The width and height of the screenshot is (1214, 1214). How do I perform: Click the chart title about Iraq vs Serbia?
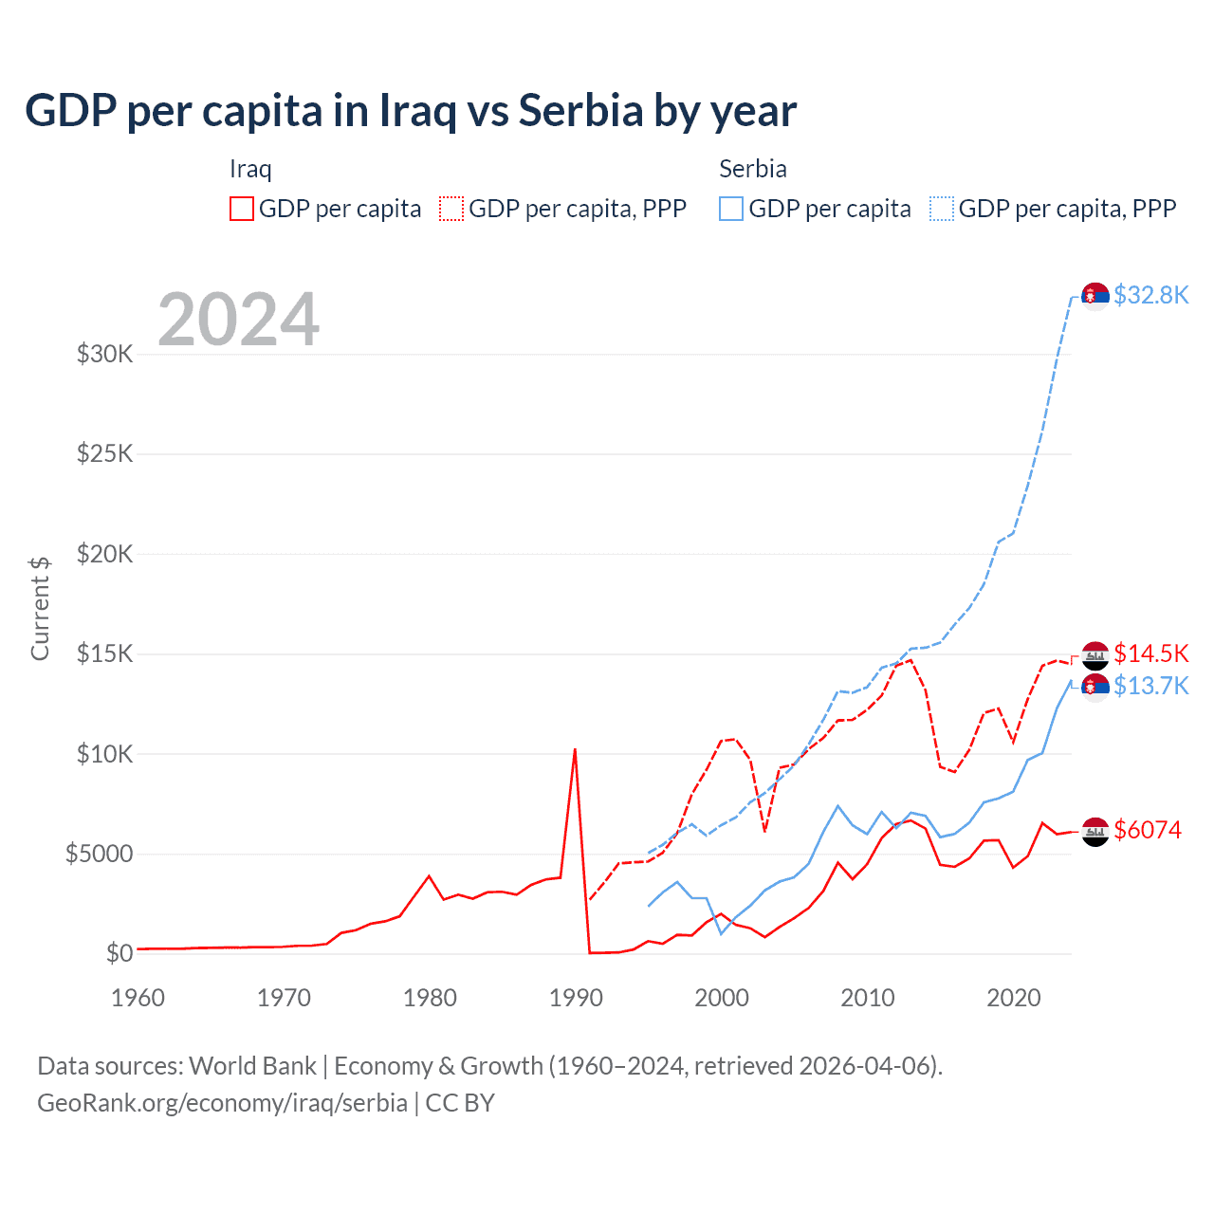click(411, 111)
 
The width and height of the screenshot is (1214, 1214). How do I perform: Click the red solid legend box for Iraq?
click(242, 209)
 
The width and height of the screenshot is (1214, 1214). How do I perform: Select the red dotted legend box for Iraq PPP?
click(451, 209)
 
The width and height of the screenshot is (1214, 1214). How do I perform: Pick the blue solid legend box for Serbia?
click(731, 209)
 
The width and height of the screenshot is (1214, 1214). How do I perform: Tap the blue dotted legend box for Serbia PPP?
click(942, 209)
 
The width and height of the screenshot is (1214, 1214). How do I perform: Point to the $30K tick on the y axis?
click(105, 355)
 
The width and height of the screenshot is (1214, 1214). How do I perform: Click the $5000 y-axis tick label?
click(99, 855)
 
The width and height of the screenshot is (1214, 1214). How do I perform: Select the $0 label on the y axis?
click(119, 953)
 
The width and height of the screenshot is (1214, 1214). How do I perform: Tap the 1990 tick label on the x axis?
click(576, 998)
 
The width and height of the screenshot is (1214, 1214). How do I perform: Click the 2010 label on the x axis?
click(868, 998)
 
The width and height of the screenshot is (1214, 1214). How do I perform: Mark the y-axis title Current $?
click(40, 608)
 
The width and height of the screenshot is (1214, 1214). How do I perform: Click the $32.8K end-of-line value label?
click(1150, 296)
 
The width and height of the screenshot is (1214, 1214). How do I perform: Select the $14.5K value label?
click(1150, 654)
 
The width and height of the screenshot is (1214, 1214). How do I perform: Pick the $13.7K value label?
click(1150, 687)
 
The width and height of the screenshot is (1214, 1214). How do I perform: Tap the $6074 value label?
click(1148, 831)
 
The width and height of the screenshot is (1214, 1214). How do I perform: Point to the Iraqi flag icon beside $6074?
click(1095, 832)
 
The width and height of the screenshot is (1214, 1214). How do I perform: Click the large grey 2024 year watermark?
click(239, 321)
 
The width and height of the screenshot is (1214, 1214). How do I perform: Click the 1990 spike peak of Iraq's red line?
click(575, 750)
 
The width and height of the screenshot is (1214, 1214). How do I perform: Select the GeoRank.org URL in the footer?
click(222, 1103)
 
